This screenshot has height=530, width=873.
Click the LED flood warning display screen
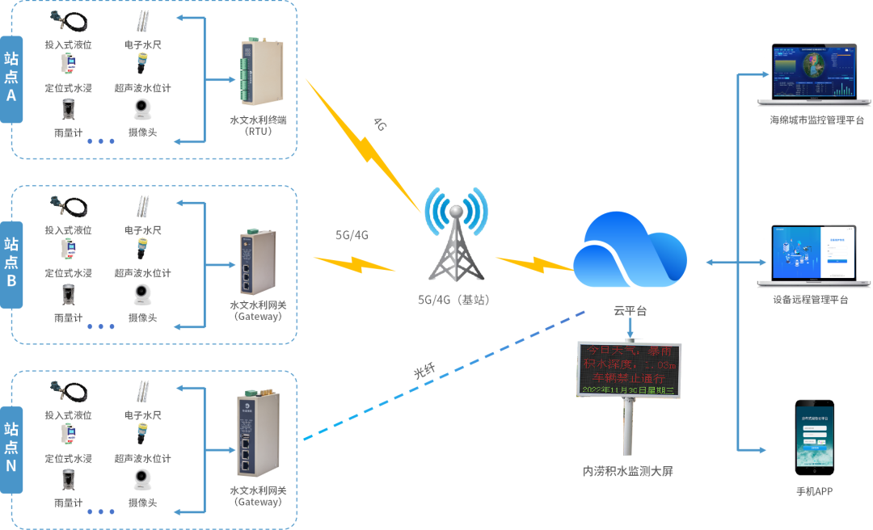coord(628,368)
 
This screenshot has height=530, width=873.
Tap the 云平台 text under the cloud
coord(630,310)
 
